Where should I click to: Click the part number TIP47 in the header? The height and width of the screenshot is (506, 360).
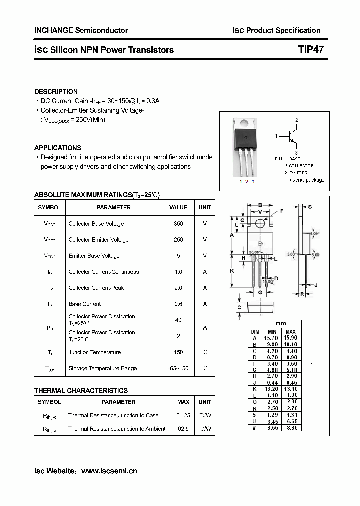coord(310,50)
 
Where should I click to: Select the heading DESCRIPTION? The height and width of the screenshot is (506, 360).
coord(56,92)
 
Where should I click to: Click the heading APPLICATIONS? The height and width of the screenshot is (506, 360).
coord(57,148)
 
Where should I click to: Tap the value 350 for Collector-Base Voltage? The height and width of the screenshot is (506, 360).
coord(178,224)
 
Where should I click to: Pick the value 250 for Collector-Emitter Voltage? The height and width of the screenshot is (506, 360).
coord(178,240)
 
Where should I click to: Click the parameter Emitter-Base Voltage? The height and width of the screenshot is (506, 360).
coord(94,256)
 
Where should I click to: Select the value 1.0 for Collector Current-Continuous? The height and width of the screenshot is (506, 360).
coord(178,272)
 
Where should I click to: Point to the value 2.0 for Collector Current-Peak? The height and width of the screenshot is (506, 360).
coord(178,288)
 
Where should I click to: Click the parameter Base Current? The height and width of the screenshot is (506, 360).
coord(85,304)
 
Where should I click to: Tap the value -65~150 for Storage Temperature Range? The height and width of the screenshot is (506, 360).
coord(178,368)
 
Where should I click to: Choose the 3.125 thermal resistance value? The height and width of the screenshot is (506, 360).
coord(183,415)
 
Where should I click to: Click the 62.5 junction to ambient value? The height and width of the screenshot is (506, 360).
coord(183,429)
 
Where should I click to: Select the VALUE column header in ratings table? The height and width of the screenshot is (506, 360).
coord(178,207)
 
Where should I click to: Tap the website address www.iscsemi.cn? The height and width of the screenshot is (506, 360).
coord(109,471)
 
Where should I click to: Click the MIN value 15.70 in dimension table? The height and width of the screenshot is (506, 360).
coord(272,338)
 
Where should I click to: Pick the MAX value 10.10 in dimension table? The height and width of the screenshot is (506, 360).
coord(291,345)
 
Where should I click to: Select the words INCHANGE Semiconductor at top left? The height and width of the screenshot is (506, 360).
coord(81,30)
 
